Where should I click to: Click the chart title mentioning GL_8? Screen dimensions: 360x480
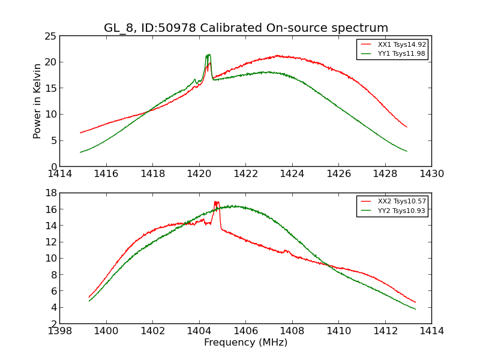click(246, 28)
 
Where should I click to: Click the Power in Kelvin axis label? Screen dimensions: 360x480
click(38, 101)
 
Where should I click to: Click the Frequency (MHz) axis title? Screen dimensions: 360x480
click(245, 343)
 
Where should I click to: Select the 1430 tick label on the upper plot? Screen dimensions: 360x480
click(431, 174)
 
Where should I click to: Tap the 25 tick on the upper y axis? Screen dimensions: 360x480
click(50, 36)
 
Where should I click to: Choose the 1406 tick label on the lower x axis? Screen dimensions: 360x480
click(245, 331)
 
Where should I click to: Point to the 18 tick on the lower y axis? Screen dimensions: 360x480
click(50, 193)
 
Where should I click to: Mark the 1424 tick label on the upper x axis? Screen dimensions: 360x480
click(292, 174)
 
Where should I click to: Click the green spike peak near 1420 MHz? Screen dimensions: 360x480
click(208, 55)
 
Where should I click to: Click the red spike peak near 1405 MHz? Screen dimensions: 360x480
click(216, 202)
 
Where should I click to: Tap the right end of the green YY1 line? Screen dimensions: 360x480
click(407, 151)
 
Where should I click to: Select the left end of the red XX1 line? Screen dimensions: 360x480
click(80, 133)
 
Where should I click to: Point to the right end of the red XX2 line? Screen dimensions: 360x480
click(415, 302)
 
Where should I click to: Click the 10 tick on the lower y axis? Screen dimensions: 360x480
click(50, 258)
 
